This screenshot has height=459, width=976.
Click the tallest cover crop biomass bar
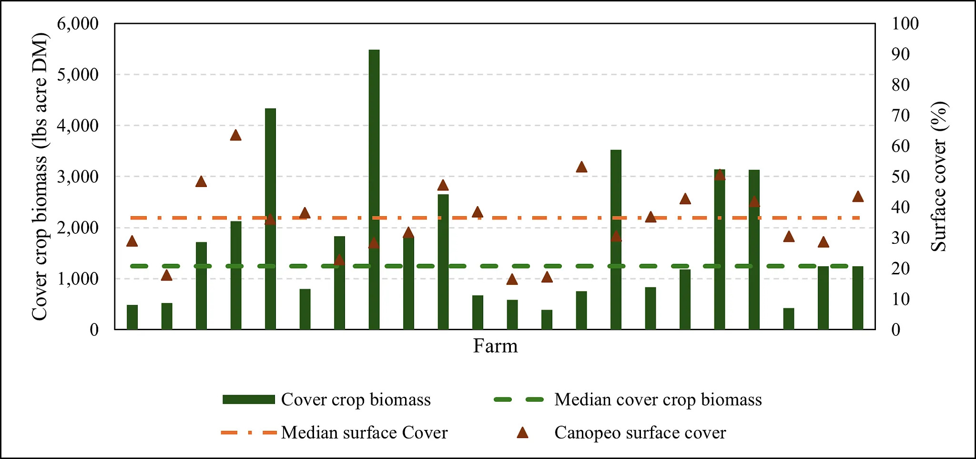374,191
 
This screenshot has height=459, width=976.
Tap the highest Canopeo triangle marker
235,136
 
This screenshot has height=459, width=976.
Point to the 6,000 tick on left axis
78,23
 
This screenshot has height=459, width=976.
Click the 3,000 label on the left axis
78,177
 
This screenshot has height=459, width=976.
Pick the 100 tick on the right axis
905,23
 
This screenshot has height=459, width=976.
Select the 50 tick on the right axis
901,177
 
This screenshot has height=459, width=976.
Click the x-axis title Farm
495,346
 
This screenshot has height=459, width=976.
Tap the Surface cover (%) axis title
939,177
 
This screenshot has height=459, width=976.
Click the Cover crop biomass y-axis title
40,177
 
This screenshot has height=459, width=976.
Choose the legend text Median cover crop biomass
658,400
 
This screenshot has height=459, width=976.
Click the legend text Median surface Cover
364,433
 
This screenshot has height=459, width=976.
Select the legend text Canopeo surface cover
640,433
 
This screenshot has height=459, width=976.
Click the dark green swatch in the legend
249,400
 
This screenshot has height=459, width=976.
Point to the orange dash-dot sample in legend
249,433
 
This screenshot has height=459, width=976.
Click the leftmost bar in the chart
132,317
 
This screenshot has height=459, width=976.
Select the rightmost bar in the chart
857,298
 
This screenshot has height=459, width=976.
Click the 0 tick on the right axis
896,330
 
